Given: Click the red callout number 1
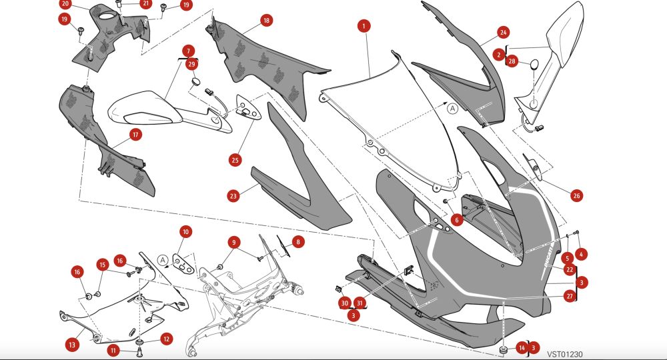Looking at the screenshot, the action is (x=364, y=26).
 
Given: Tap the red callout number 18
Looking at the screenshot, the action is (x=266, y=21).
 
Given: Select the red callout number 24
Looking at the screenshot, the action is (x=503, y=32).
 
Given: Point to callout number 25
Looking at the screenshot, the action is (x=235, y=160).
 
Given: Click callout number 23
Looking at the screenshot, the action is (x=233, y=196).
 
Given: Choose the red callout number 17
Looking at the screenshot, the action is (x=135, y=135).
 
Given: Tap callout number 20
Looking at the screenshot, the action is (x=65, y=4).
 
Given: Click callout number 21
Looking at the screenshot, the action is (x=146, y=4).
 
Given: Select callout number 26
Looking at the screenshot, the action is (x=576, y=195).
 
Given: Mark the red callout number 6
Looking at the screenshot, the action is (x=457, y=220).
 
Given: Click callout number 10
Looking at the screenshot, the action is (x=185, y=231).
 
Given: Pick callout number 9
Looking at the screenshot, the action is (x=234, y=243).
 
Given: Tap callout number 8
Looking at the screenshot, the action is (x=297, y=242).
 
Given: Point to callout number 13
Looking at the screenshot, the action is (x=72, y=344).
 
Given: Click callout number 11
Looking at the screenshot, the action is (x=113, y=351).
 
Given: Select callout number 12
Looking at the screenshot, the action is (x=166, y=339).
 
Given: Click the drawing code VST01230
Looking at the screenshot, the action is (x=564, y=354).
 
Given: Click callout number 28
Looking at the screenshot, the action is (x=512, y=61).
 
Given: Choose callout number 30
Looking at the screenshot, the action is (x=345, y=303).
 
